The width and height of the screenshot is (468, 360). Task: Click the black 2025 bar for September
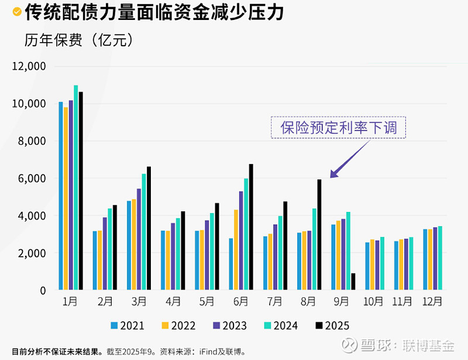[x=353, y=282]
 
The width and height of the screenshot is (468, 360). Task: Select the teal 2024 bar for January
[x=76, y=187]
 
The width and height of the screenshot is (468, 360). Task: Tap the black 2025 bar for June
[x=251, y=227]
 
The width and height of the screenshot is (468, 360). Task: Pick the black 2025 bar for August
[x=319, y=235]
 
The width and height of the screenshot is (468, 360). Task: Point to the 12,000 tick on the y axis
[x=29, y=66]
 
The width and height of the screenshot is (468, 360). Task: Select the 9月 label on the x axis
[x=340, y=303]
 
